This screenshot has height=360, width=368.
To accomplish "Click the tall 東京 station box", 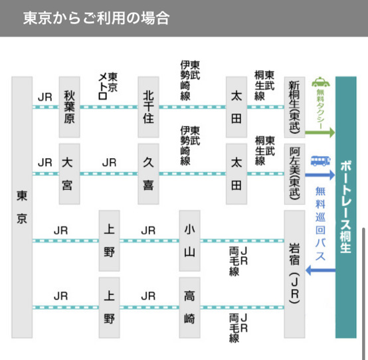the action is [22, 207].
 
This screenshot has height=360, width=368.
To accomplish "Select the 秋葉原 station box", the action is [70, 107].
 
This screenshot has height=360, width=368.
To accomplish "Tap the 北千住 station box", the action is [149, 107].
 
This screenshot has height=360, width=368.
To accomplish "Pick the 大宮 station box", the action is [70, 174].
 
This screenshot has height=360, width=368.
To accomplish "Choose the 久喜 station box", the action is [149, 174].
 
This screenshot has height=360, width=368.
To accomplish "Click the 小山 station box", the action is [189, 241].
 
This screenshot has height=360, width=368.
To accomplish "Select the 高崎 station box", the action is [189, 308].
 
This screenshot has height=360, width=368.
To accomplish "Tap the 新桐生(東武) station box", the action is [294, 107].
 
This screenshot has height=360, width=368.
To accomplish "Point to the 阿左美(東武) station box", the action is [294, 174].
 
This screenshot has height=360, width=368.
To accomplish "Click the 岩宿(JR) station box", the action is [294, 274].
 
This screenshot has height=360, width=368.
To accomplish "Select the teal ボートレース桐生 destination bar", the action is [346, 207].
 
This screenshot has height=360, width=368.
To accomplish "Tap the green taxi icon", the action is [321, 82].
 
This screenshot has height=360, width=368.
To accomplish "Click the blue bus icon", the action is [321, 161].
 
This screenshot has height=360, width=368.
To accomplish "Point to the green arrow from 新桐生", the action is [320, 133].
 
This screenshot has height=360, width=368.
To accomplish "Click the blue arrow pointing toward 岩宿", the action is [321, 270].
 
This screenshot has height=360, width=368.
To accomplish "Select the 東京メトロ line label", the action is [108, 86].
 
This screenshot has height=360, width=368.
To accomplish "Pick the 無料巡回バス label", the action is [321, 224].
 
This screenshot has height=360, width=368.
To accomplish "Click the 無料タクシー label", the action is [321, 109].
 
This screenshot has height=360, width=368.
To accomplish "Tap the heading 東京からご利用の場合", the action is [96, 18].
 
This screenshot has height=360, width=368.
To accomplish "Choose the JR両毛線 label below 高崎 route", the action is [238, 328].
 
